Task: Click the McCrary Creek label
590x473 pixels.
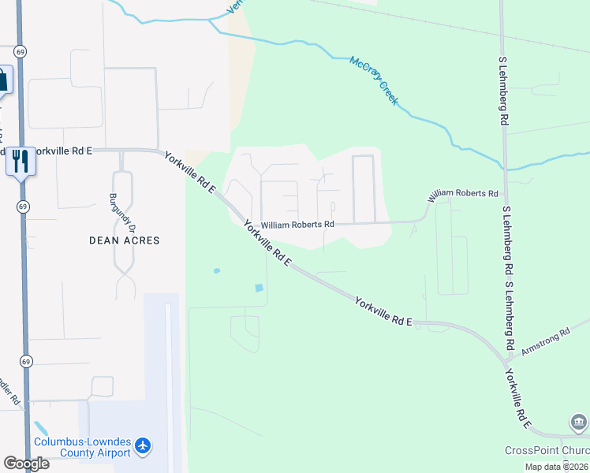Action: (x=375, y=81)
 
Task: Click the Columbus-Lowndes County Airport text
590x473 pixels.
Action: (x=82, y=447)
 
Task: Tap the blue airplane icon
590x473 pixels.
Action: (x=143, y=447)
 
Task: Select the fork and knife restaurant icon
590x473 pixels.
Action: (x=20, y=161)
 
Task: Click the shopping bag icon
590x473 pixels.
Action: (x=2, y=80)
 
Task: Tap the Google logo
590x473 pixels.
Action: (x=26, y=463)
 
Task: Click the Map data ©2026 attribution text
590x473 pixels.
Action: (x=555, y=467)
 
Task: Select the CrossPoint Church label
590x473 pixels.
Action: (x=547, y=450)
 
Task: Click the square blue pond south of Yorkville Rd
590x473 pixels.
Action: (x=260, y=288)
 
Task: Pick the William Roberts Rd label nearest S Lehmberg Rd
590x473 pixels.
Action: (x=464, y=193)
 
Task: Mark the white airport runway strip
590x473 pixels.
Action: (x=169, y=371)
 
